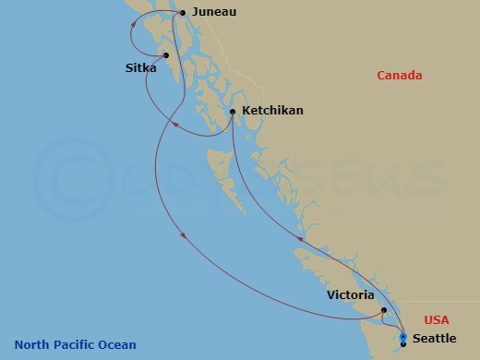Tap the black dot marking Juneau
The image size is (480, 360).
coord(183,13)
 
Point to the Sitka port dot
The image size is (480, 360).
coord(166,54)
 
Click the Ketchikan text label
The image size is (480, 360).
coord(271,111)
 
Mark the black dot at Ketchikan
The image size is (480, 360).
coord(233,112)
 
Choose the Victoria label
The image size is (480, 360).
coord(350,295)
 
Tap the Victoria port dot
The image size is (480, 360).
coord(383,311)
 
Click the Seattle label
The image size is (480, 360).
coord(434,339)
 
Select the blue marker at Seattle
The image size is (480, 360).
coord(403,338)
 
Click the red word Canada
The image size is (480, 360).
coord(399,76)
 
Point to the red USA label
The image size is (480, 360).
coord(437,319)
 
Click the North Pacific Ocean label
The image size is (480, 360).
coord(75,345)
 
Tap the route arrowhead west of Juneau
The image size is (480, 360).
coord(135,25)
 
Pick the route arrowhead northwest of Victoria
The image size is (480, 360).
coord(299,239)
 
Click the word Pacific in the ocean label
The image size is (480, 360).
coord(71,345)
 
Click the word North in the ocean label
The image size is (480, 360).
coord(30,345)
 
